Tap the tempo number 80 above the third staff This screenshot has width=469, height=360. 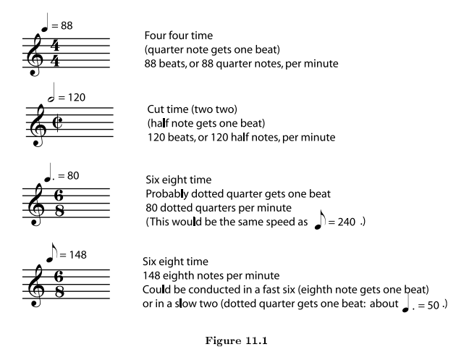click(69, 176)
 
